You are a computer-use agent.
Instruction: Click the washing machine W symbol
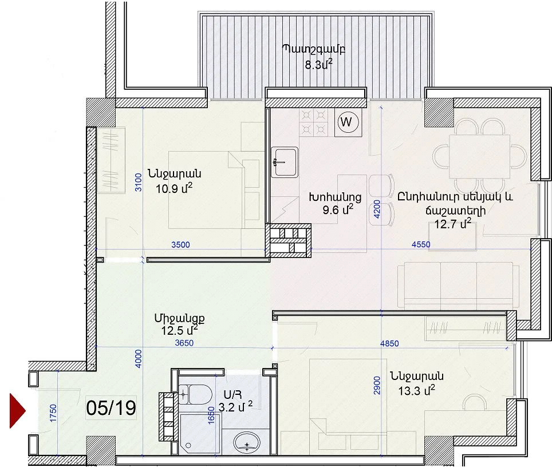coord(348,122)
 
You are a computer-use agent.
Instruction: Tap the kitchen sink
coord(285,162)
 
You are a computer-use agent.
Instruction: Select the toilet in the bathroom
coord(195,394)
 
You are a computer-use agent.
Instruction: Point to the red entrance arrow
coord(18,411)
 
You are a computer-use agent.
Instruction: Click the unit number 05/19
coord(111,407)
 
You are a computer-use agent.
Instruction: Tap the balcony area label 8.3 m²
coord(318,65)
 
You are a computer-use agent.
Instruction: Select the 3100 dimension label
coord(139,182)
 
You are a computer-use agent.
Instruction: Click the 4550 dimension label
coord(421,244)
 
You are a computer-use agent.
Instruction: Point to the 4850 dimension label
coord(389,343)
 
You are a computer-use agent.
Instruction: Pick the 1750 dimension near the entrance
coord(53,413)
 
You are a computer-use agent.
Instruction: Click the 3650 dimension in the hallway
coord(184,343)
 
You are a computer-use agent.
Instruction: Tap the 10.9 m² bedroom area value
coord(174,188)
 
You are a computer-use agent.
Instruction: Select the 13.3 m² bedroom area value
coord(416,390)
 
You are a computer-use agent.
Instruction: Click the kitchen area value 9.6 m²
coord(338,209)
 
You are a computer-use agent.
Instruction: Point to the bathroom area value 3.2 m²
coord(235,407)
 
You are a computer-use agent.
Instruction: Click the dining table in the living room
coord(479,157)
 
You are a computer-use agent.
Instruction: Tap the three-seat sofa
coord(458,285)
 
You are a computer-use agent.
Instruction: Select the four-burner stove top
coord(313,122)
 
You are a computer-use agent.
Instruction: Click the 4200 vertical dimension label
coord(377,209)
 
